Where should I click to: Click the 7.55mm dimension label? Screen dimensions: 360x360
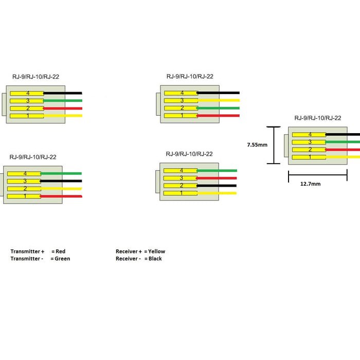tap(257, 145)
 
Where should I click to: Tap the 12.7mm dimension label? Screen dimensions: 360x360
tap(311, 184)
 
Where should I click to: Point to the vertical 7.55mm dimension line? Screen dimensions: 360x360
tap(274, 145)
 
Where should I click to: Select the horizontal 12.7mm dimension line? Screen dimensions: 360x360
tap(318, 175)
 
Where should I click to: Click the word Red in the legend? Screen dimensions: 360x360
tap(60, 251)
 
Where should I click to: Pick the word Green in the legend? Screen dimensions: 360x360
tap(62, 259)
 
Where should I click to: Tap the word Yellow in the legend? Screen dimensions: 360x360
tap(156, 251)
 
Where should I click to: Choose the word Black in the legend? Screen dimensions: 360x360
tap(155, 259)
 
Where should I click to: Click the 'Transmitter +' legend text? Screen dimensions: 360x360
tap(27, 251)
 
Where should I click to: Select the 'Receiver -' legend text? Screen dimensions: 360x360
tap(128, 259)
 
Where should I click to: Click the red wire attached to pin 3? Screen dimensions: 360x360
tap(217, 178)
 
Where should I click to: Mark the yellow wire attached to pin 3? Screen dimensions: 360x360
tap(219, 100)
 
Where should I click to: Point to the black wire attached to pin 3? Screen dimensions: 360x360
tap(61, 181)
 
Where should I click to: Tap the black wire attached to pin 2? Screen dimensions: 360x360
tap(217, 186)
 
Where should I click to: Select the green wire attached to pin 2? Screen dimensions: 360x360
tap(218, 108)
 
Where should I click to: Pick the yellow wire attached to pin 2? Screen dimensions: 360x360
tap(61, 189)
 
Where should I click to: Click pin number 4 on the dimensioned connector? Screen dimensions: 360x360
tap(310, 135)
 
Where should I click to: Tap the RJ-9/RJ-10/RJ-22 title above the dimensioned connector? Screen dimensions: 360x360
tap(318, 118)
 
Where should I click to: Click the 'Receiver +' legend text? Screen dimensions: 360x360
tap(129, 251)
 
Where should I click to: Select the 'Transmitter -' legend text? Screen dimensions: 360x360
tap(27, 259)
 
